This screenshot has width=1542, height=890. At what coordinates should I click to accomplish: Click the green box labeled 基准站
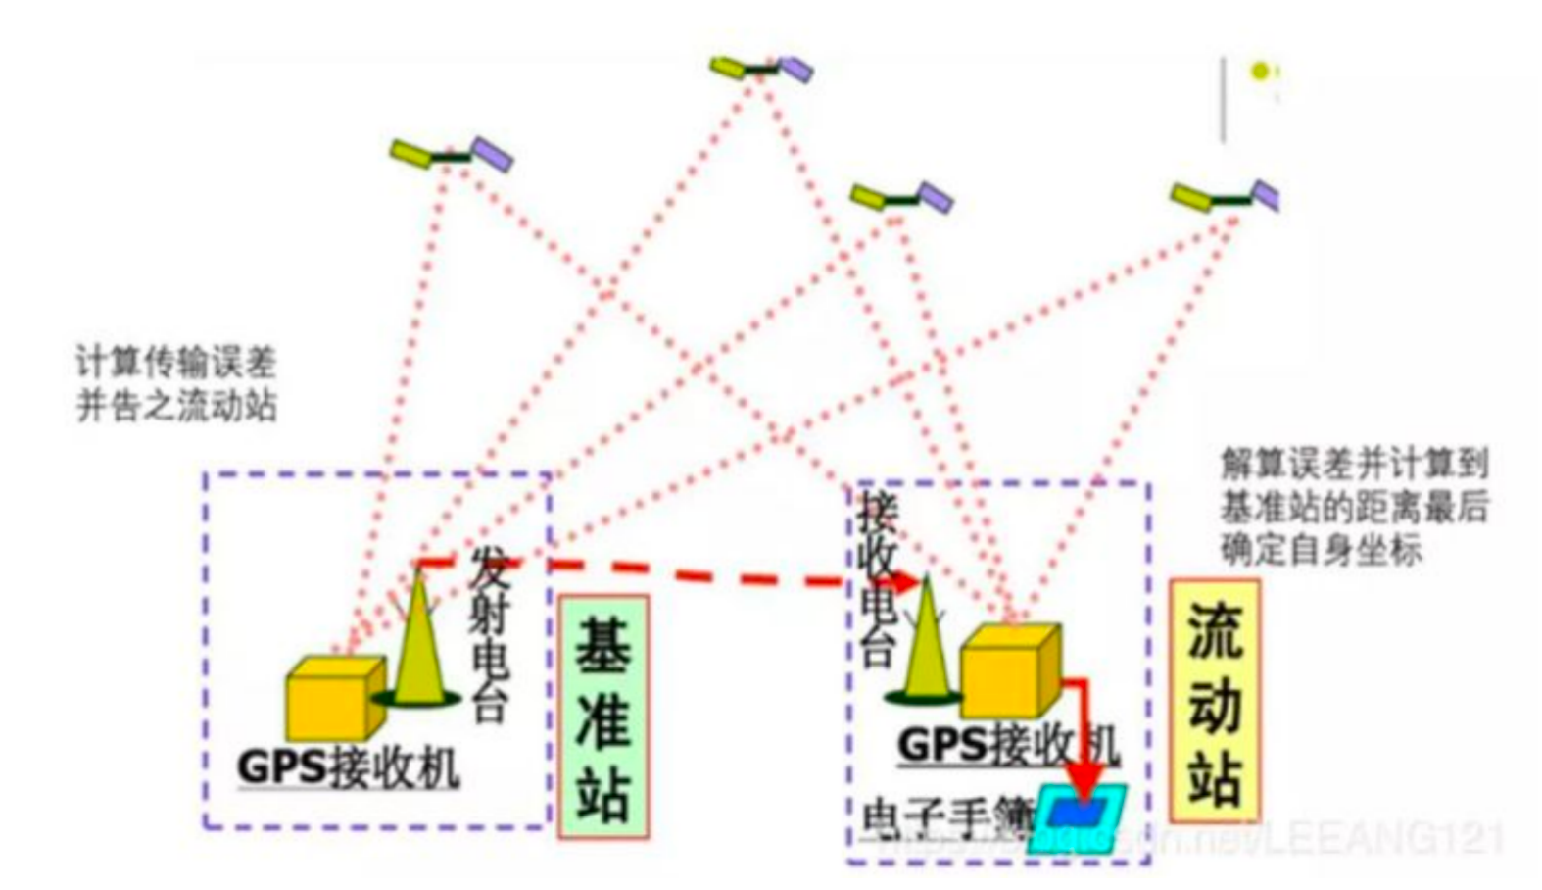(602, 717)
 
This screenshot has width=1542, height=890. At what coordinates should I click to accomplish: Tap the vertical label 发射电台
(491, 633)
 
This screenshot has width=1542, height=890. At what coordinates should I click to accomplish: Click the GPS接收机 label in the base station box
(348, 766)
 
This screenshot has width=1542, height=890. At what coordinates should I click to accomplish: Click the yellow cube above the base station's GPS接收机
(333, 697)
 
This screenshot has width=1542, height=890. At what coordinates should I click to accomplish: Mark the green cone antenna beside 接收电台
(924, 652)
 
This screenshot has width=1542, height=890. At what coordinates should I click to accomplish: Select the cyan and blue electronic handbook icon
(1078, 816)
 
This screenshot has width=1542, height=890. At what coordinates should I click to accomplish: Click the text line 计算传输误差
(176, 363)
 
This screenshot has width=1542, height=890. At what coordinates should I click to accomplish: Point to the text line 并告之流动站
(176, 405)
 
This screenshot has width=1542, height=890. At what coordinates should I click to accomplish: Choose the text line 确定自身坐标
(1320, 549)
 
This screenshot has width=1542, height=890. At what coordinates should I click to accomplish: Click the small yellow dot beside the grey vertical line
(1260, 71)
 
